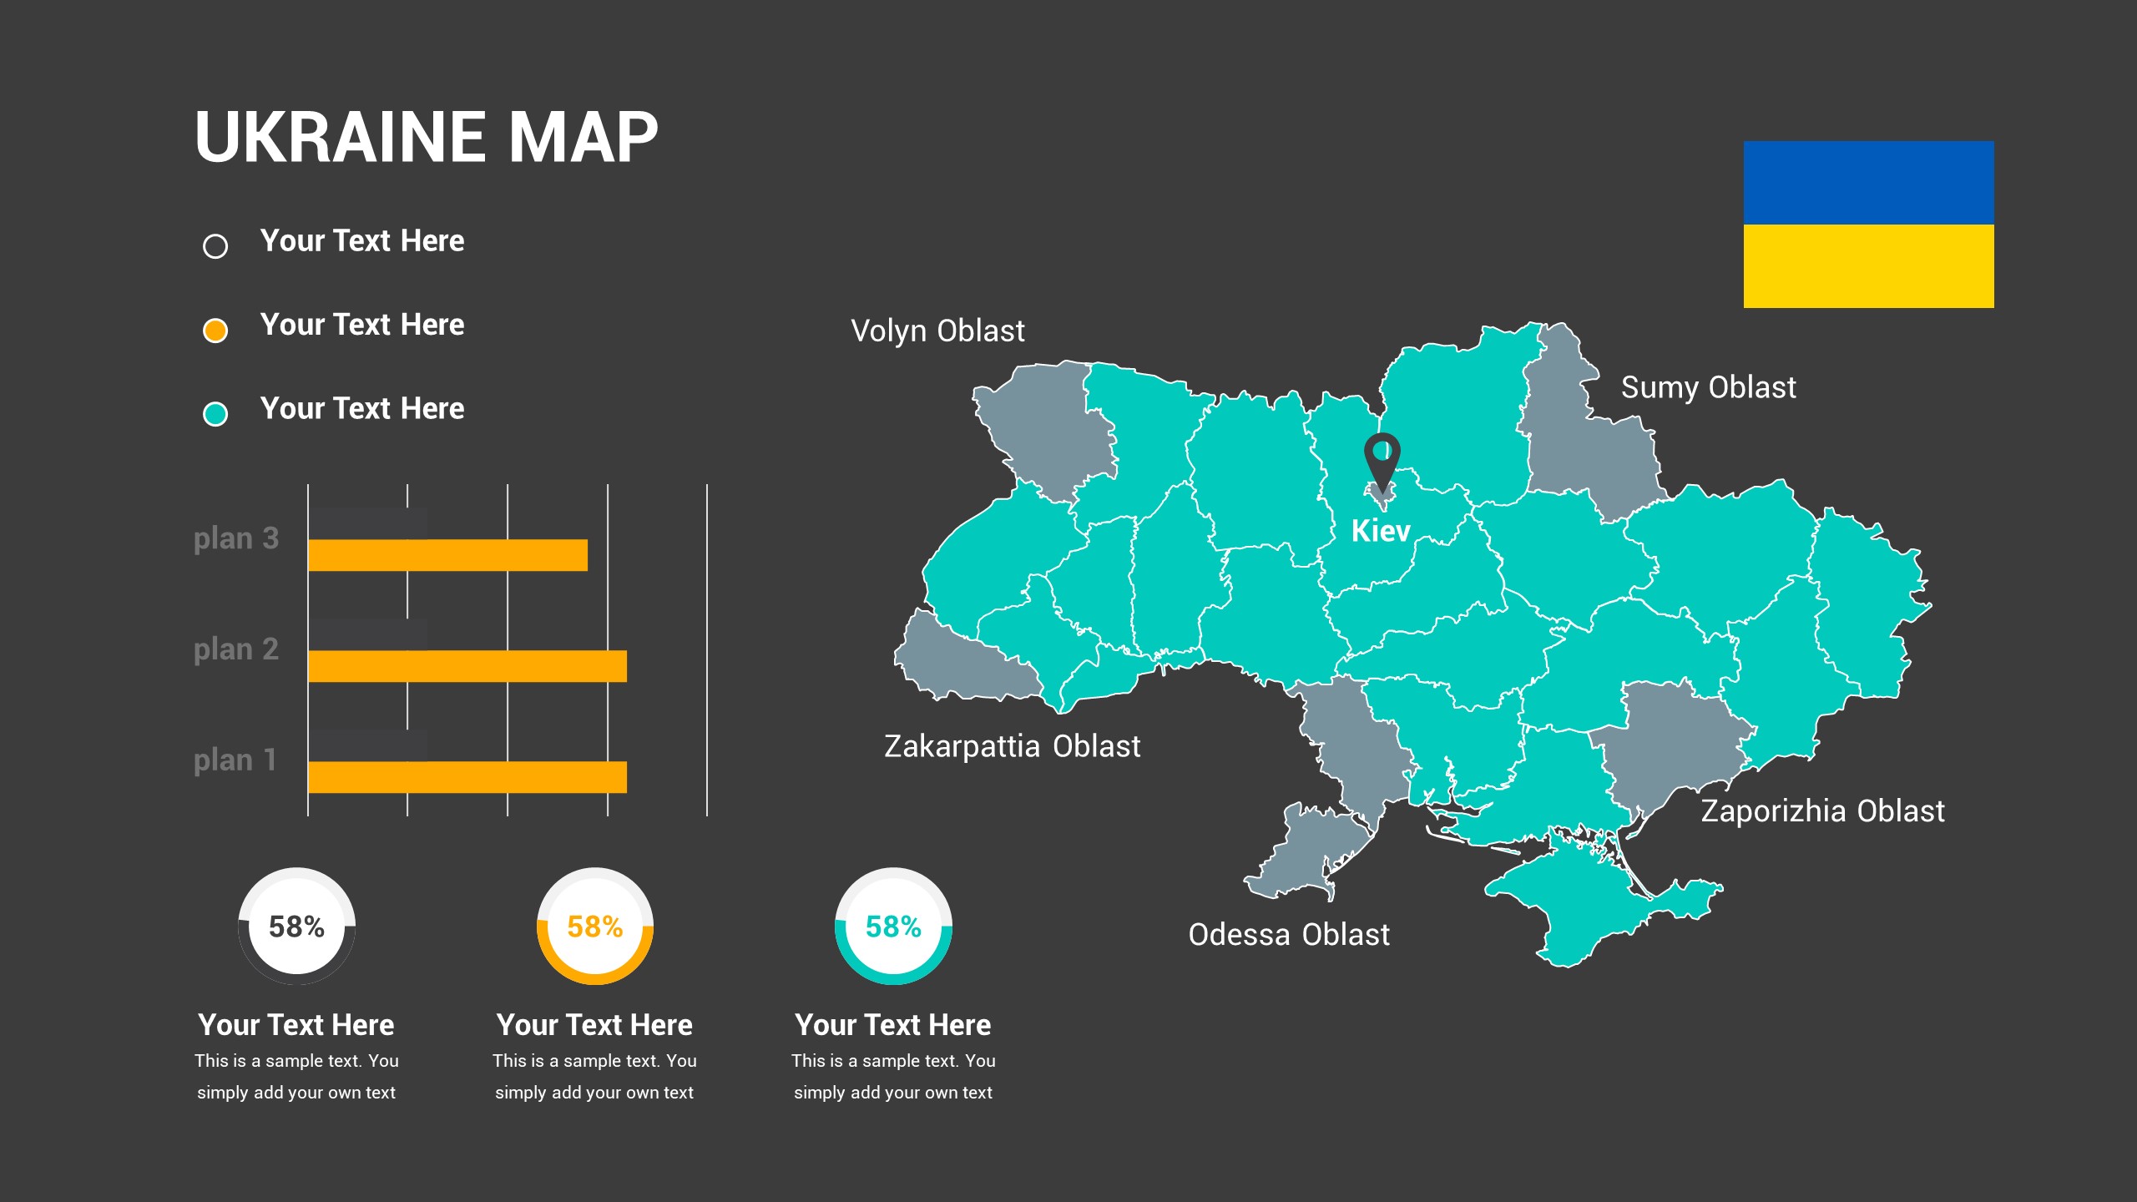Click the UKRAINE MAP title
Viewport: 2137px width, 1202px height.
(426, 138)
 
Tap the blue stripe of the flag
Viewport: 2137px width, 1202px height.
(1868, 182)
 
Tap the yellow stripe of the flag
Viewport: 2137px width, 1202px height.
(1868, 265)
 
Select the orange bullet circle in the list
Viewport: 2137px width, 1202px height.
(215, 331)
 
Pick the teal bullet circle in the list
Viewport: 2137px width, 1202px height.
(215, 414)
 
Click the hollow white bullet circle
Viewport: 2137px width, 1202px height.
(215, 246)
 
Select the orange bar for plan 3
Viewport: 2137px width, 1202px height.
(447, 555)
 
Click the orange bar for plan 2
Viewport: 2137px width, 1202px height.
(467, 666)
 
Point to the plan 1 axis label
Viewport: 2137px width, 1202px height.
(235, 760)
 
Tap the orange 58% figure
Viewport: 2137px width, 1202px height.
(594, 927)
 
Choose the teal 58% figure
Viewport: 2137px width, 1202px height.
(893, 927)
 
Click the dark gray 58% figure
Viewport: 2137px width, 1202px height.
(296, 927)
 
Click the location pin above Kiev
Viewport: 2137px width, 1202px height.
(1382, 457)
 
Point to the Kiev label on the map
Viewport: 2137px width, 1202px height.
(1381, 531)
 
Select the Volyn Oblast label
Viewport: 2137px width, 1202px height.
(937, 331)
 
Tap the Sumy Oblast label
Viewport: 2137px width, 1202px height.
(1708, 388)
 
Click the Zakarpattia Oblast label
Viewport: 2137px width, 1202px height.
(1012, 746)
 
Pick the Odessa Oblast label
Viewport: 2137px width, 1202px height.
(1289, 935)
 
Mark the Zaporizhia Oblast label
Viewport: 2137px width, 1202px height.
(1822, 811)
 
